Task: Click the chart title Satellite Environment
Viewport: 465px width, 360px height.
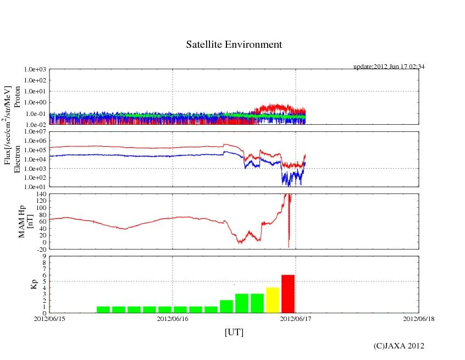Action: coord(234,45)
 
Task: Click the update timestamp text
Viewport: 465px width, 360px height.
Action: coord(389,67)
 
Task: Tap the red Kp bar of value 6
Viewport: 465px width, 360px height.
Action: coord(288,293)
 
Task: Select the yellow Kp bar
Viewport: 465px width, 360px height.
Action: coord(273,300)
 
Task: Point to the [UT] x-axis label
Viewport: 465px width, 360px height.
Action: coord(234,332)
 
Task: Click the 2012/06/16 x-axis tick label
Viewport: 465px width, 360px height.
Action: coord(173,318)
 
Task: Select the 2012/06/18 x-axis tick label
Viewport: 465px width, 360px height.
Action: coord(419,318)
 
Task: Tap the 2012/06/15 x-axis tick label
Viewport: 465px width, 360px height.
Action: coord(49,318)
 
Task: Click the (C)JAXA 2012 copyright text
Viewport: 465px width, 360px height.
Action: coord(399,346)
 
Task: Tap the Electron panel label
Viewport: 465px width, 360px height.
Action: coord(17,159)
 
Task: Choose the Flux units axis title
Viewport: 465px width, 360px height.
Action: coord(7,125)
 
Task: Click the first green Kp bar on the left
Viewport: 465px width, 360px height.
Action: coord(104,309)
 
